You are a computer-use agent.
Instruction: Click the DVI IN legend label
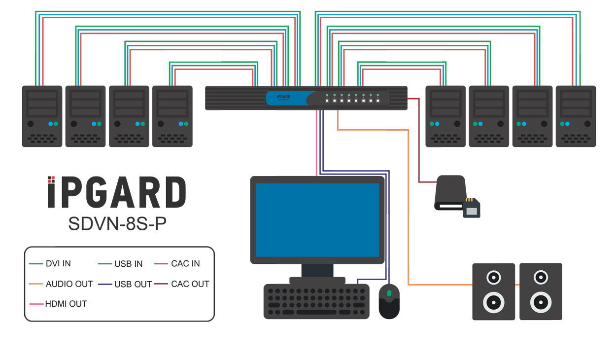[58, 264]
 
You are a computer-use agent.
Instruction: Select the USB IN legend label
[128, 264]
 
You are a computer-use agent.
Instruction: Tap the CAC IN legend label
[185, 264]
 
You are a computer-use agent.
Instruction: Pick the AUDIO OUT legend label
[69, 284]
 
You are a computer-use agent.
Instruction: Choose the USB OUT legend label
[133, 284]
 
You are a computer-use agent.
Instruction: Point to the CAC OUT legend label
[190, 284]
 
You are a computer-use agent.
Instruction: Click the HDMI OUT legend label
[66, 304]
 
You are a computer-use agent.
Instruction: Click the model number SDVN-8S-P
[117, 223]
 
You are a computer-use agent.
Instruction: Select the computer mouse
[389, 301]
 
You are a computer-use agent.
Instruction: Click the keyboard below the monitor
[316, 301]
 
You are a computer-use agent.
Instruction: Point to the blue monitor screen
[317, 219]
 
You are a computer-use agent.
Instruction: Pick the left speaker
[493, 291]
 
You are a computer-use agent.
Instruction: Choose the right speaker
[541, 291]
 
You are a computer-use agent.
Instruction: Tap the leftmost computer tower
[42, 116]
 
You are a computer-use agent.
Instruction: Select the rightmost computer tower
[576, 116]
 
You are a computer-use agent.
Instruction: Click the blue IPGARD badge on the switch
[284, 98]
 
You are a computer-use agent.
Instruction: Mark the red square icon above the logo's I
[51, 179]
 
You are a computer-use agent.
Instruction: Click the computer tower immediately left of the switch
[172, 116]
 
